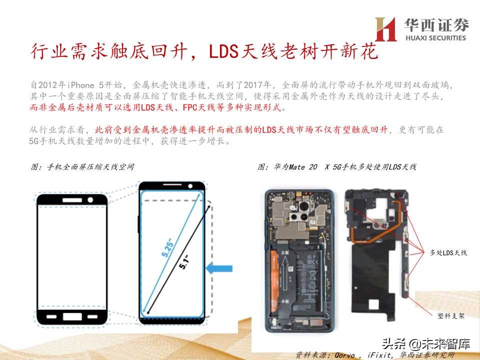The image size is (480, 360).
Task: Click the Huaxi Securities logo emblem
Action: click(x=385, y=29)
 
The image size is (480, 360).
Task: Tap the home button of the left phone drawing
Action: click(x=72, y=316)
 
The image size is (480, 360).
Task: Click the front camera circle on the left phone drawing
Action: click(x=91, y=199)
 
